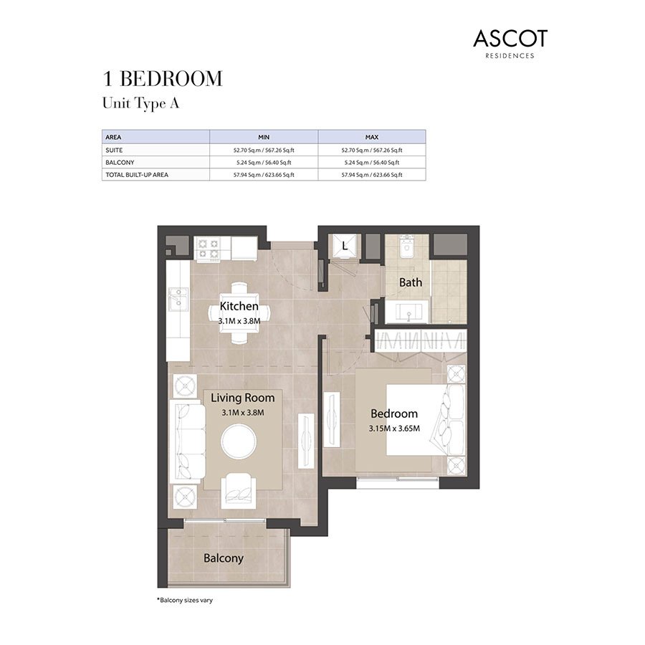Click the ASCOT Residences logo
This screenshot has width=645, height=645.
click(x=510, y=43)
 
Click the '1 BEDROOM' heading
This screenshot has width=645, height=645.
click(x=162, y=79)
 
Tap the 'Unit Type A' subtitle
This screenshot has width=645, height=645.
click(x=140, y=103)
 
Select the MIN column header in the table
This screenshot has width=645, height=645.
click(x=264, y=136)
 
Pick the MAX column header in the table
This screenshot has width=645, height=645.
click(x=371, y=136)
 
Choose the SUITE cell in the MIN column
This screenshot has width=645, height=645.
click(x=264, y=150)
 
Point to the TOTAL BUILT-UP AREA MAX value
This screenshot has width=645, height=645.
click(x=371, y=175)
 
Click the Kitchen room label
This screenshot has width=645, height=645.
click(x=239, y=307)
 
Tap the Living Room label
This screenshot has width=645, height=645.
click(x=242, y=398)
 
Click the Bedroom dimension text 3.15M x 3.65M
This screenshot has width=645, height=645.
click(x=393, y=429)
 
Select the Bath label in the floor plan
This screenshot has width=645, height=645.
click(x=411, y=282)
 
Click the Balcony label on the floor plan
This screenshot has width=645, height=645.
click(x=223, y=558)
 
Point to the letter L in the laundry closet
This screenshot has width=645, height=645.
click(x=345, y=247)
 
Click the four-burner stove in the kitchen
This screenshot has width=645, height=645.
click(x=209, y=248)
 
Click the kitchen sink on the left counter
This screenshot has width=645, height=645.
click(x=177, y=298)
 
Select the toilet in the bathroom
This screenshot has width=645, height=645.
click(x=407, y=248)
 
